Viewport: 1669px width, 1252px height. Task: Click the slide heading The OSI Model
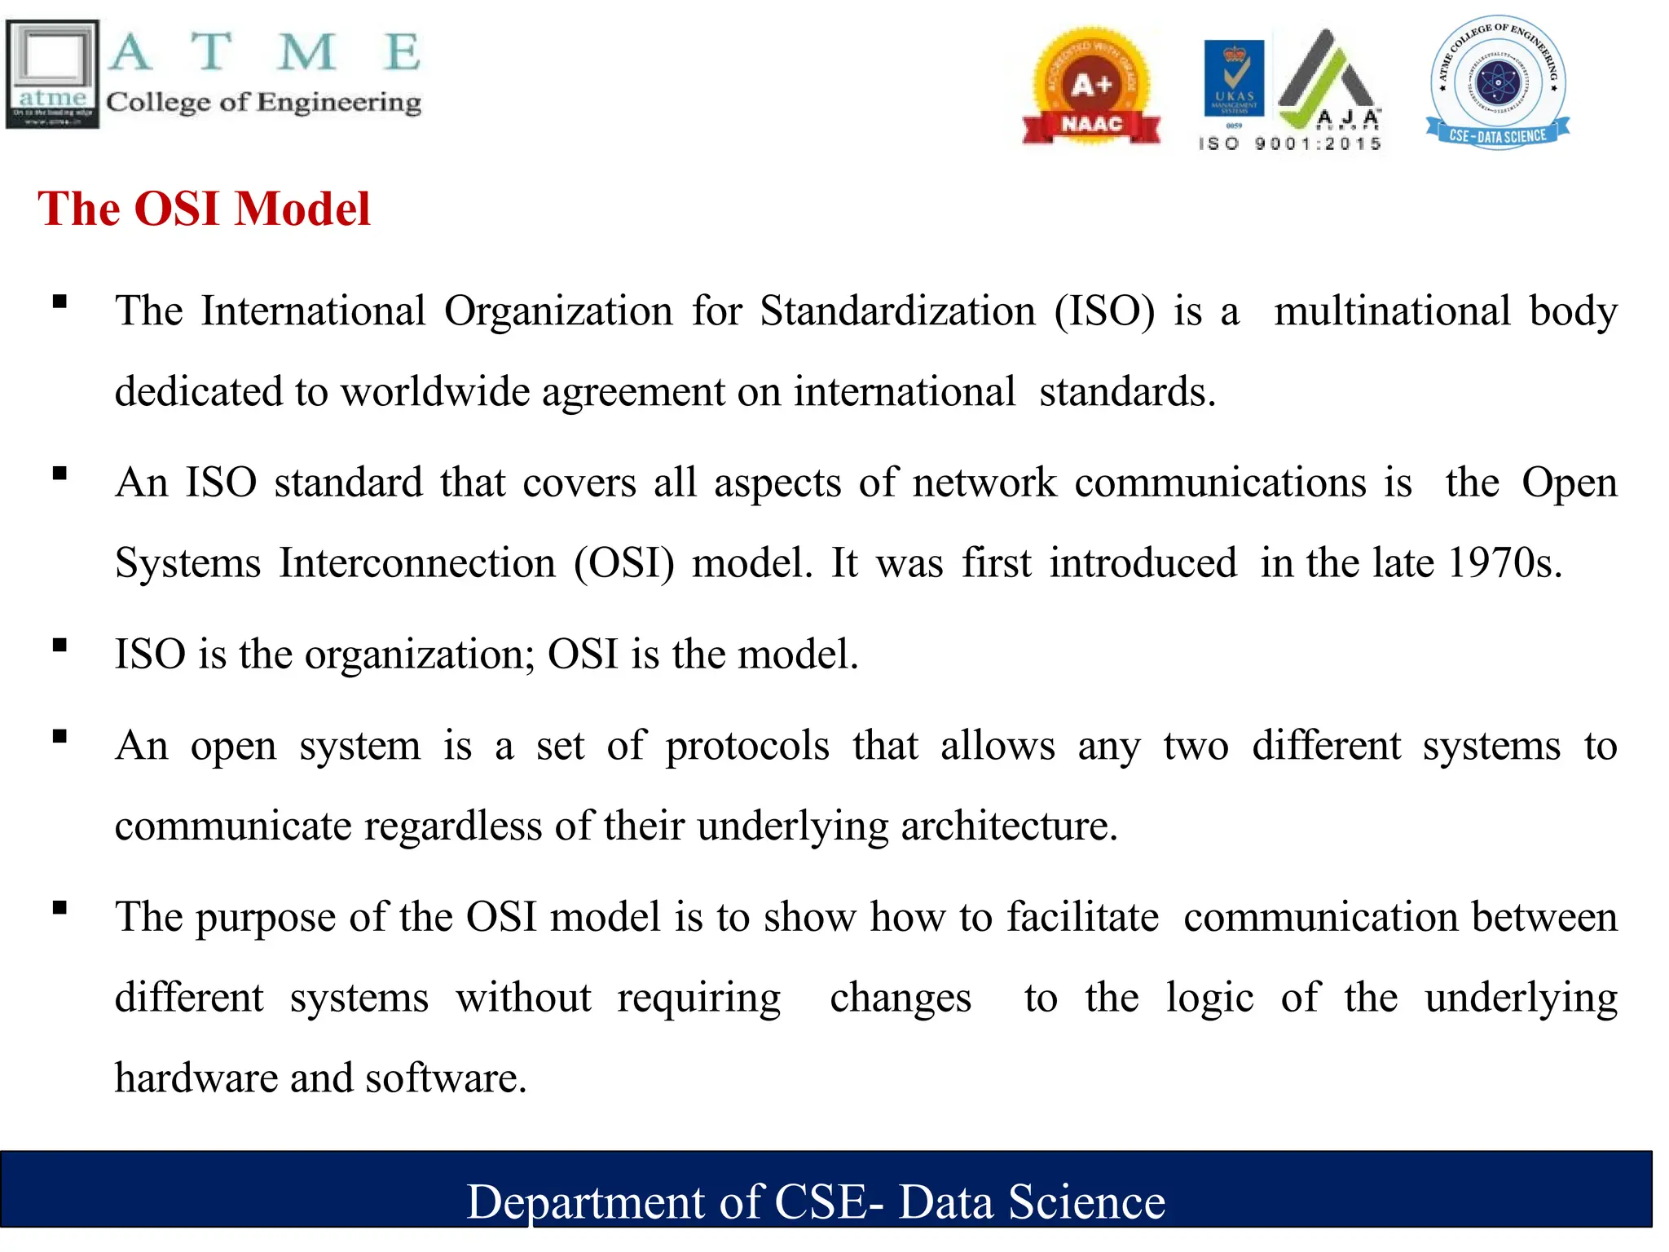[204, 209]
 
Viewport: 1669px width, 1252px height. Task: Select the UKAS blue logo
[1234, 78]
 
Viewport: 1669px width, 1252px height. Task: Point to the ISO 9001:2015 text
[1290, 144]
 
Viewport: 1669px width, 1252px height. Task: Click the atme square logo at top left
[52, 74]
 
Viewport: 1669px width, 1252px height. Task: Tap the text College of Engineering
[263, 102]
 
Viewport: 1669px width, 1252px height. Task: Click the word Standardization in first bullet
[897, 311]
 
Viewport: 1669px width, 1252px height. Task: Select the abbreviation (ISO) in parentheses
[1104, 311]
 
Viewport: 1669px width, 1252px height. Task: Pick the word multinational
[1392, 311]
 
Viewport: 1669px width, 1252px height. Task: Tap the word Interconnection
[417, 563]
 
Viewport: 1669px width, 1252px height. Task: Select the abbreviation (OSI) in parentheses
[624, 563]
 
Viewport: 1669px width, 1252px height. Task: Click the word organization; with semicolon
[420, 655]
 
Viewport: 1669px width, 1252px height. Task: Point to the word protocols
[747, 746]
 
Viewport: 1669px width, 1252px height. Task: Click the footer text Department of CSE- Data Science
[816, 1201]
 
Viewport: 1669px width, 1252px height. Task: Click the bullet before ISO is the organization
[59, 646]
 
